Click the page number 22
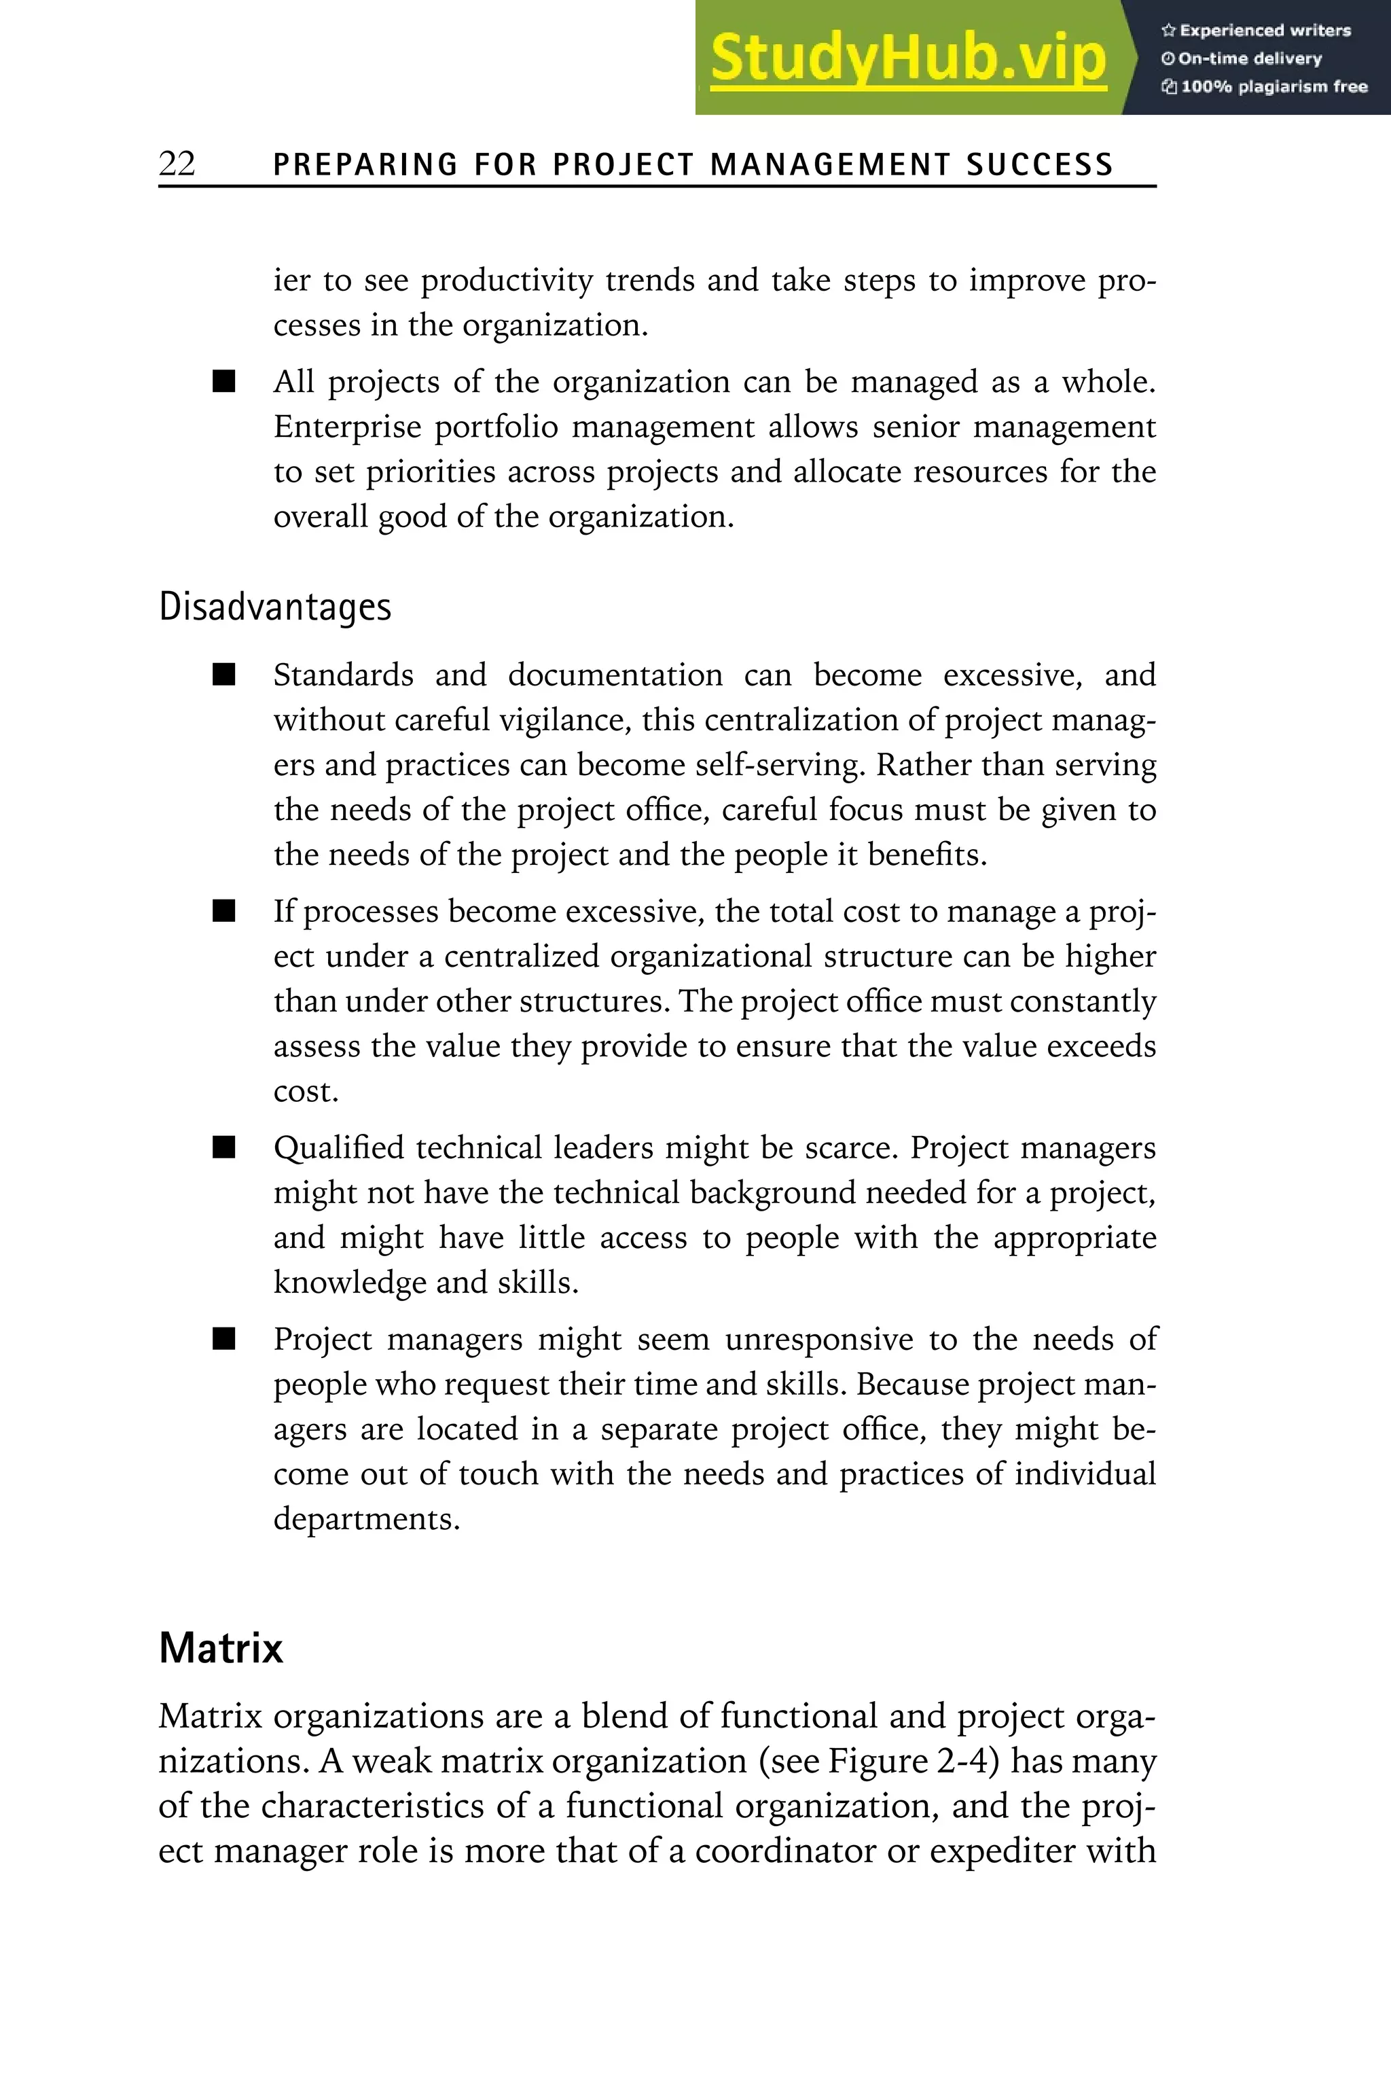[177, 164]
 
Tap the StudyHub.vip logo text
[907, 58]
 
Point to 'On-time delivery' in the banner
[1242, 58]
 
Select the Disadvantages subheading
[275, 607]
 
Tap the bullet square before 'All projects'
[224, 382]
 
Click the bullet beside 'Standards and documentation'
[224, 675]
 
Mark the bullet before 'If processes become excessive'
[224, 911]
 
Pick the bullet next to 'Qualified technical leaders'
[224, 1147]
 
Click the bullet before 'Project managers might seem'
[224, 1339]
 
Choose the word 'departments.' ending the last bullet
[366, 1519]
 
